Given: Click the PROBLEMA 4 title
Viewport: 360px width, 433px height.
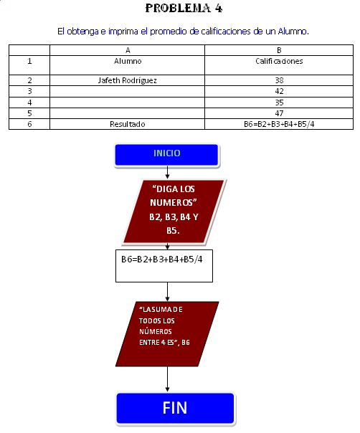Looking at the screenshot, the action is tap(184, 8).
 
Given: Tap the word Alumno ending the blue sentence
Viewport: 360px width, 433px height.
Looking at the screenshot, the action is tap(293, 32).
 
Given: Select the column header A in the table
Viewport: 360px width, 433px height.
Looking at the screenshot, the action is tap(128, 50).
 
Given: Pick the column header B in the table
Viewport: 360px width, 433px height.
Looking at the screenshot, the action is tap(279, 50).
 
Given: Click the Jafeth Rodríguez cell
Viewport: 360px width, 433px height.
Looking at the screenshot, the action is tap(128, 80).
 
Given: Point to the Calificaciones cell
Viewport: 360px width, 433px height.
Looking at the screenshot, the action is tap(279, 65).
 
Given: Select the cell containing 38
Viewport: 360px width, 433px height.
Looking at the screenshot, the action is tap(279, 80).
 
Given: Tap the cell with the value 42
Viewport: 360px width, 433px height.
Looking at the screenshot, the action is tap(279, 92).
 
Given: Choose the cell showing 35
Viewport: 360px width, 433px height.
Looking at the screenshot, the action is tap(279, 103).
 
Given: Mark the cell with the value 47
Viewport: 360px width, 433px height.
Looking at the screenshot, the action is tap(279, 113).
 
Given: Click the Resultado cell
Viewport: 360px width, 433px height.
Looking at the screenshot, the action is tap(128, 124).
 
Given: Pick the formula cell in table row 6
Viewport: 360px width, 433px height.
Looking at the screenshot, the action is tap(279, 124).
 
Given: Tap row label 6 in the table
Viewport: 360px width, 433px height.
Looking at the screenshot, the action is tap(29, 124).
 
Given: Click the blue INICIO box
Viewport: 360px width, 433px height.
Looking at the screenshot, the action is tap(167, 155).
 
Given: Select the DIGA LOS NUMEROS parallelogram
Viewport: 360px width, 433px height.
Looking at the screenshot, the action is tap(174, 211).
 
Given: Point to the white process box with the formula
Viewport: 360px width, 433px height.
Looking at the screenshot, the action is tap(164, 266).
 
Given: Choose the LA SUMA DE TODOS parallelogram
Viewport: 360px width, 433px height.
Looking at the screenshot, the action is tap(167, 334).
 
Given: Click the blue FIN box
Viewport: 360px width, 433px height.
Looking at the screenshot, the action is tap(175, 408).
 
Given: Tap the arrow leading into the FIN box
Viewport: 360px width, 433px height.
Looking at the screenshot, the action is tap(167, 379).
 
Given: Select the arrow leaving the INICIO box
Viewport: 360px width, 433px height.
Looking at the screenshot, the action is tap(167, 173).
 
